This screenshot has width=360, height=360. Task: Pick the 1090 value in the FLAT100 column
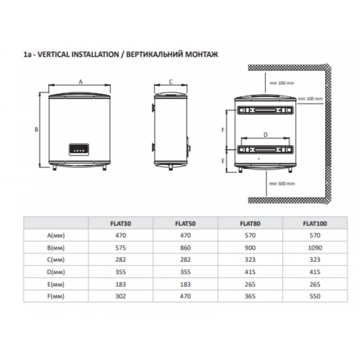[x=315, y=247]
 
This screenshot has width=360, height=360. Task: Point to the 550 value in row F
[x=315, y=296]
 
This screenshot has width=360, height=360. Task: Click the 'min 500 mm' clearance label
[x=280, y=183]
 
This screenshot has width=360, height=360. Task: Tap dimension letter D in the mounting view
[x=265, y=135]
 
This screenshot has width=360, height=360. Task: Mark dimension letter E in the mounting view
[x=223, y=161]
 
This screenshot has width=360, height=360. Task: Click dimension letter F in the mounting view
[x=223, y=130]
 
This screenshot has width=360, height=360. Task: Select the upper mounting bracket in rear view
[x=265, y=110]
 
